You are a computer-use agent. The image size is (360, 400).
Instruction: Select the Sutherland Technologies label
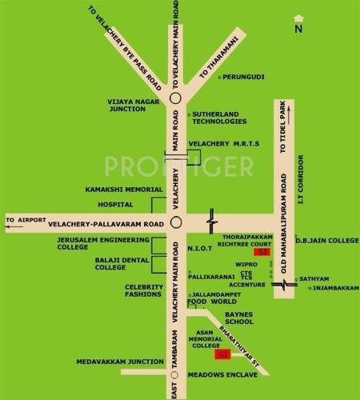tap(218, 118)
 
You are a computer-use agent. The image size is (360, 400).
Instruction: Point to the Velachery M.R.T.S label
tap(219, 144)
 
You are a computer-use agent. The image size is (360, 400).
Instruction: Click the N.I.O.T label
tap(200, 248)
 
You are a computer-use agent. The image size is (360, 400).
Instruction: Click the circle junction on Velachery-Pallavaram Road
tap(175, 222)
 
